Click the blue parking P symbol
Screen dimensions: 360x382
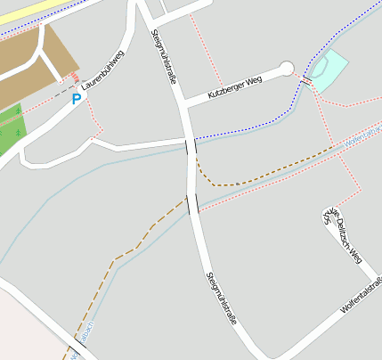(77, 99)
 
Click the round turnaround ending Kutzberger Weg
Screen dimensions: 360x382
(286, 68)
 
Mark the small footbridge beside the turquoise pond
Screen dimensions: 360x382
(305, 80)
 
